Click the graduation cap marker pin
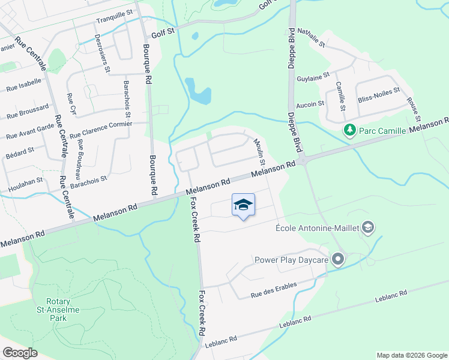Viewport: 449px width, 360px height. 243,205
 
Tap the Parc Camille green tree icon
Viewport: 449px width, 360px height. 349,130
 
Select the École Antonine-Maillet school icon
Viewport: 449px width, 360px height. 368,227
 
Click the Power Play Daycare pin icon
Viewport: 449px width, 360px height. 338,260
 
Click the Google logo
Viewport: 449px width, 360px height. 20,353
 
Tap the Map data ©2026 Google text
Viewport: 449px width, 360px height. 412,355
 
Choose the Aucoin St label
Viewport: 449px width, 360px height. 310,104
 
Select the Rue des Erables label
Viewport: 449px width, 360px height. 274,289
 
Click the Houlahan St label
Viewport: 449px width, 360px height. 22,180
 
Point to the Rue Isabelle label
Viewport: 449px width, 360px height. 23,84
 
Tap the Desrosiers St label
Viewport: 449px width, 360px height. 103,57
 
